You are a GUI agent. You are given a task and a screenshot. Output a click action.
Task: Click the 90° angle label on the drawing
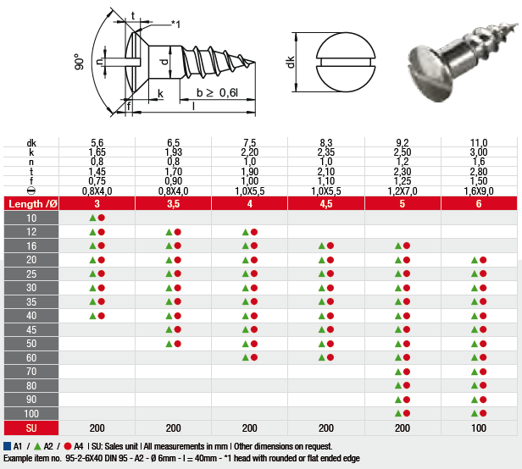[79, 62]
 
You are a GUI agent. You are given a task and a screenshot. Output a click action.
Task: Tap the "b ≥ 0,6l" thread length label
[217, 93]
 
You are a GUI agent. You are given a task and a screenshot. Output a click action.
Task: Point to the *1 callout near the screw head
[175, 24]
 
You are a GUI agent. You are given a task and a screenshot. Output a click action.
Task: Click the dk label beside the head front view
[291, 62]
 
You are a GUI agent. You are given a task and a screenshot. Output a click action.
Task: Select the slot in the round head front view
[346, 62]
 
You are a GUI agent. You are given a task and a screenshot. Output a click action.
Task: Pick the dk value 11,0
[479, 143]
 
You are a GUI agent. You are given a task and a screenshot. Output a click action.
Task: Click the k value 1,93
[173, 152]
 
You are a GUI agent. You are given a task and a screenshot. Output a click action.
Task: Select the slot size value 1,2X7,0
[403, 191]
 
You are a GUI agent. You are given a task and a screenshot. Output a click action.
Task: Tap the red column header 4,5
[326, 203]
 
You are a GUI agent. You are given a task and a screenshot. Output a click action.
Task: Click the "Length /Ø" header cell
[32, 203]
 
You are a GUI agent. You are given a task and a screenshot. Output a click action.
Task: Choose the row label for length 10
[31, 218]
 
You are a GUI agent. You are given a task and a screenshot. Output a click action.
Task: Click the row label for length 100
[31, 413]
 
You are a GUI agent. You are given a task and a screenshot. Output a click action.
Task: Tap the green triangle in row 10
[92, 218]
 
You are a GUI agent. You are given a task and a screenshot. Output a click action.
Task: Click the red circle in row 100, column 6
[483, 413]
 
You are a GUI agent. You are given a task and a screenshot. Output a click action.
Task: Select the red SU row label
[31, 428]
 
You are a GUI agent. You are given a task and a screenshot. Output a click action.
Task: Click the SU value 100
[479, 428]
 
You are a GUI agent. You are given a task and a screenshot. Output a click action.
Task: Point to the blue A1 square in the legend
[7, 446]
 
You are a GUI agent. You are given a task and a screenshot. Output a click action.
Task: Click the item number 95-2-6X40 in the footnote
[84, 458]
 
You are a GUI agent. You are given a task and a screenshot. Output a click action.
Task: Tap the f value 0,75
[97, 181]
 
